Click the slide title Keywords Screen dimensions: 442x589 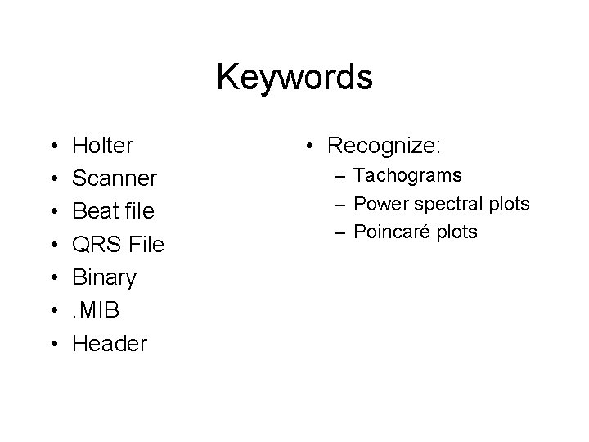[x=294, y=79]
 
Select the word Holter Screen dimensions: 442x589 [x=103, y=146]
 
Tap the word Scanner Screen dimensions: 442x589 [x=115, y=178]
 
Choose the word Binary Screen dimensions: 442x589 [x=105, y=277]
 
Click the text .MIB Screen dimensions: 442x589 [x=97, y=310]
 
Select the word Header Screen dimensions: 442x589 [x=110, y=343]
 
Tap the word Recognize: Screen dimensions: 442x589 [x=384, y=147]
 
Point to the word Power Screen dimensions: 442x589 [x=383, y=203]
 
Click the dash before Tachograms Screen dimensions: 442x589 [x=339, y=176]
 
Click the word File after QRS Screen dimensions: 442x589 [x=143, y=244]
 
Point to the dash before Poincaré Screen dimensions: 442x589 [x=339, y=232]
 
